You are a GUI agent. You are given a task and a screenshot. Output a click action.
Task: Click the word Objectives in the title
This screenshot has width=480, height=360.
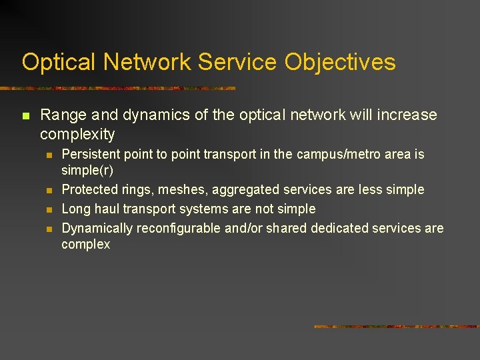[340, 62]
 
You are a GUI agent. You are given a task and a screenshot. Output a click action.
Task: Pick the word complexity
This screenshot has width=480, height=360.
[77, 134]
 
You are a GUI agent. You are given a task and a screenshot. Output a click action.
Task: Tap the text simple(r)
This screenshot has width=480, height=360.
[87, 170]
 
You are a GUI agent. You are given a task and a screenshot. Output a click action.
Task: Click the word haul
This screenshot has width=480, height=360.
[107, 209]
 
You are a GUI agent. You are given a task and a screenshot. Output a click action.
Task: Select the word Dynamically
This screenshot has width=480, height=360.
[97, 228]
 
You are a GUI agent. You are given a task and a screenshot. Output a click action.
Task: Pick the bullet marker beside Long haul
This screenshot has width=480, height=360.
[49, 209]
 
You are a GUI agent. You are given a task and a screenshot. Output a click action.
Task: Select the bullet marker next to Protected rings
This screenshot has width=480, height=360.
[49, 190]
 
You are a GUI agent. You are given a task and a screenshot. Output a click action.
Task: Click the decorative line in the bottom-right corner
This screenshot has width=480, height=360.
[396, 327]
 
